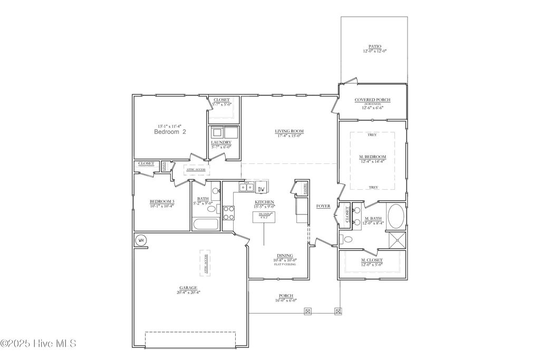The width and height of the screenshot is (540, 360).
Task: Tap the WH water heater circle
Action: (x=140, y=240)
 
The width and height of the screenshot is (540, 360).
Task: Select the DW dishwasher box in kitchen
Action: (x=262, y=188)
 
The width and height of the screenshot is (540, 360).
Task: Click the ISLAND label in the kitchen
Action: (x=264, y=214)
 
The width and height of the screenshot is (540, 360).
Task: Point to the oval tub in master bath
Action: (x=396, y=216)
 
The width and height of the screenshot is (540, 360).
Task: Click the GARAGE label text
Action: (x=188, y=288)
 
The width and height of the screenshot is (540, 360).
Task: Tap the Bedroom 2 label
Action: (x=170, y=132)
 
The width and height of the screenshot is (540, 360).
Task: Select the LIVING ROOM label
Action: (x=289, y=131)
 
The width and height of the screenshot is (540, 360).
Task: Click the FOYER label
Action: (x=323, y=206)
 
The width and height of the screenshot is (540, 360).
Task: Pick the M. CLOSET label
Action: (x=372, y=260)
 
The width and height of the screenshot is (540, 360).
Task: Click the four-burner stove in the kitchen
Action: (x=229, y=212)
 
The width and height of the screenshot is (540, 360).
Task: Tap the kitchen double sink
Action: (x=246, y=187)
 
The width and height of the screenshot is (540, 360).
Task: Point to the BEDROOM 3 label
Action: (x=162, y=201)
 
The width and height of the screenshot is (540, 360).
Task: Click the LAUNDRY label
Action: (x=221, y=143)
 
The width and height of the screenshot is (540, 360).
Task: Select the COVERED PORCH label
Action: (x=372, y=100)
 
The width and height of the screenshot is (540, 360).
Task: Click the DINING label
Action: (x=285, y=256)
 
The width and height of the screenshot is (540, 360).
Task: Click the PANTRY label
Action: (x=304, y=188)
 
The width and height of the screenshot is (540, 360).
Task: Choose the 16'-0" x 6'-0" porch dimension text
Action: (x=285, y=300)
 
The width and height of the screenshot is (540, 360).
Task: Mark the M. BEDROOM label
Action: (x=372, y=157)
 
